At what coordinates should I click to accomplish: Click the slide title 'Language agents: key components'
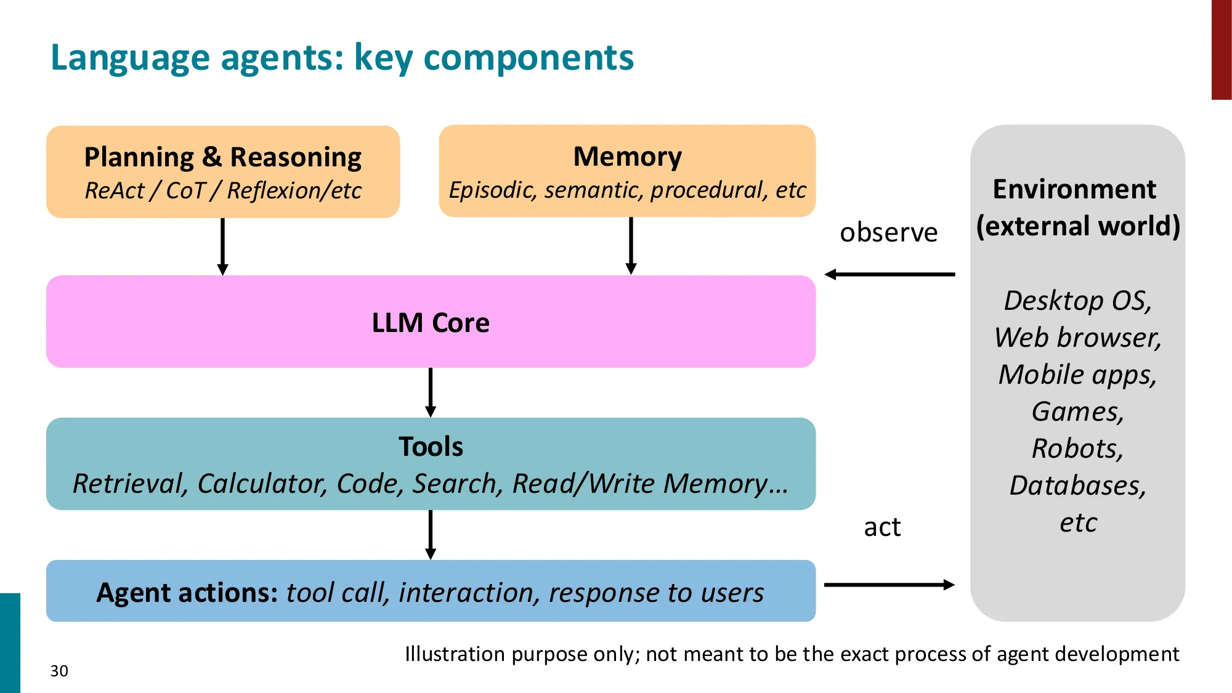342,58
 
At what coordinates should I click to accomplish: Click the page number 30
59,671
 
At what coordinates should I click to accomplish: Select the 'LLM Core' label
431,323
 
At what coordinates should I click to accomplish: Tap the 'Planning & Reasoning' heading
222,157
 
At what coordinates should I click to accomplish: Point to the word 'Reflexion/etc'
294,191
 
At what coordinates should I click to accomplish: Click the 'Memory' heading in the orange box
627,156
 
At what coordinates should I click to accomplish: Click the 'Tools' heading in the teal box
431,447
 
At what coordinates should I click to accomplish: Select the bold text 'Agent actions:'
187,593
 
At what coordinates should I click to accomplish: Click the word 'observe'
888,233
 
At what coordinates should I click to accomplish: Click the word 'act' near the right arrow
882,527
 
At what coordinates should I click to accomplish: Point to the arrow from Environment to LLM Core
890,274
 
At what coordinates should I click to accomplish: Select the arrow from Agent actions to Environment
890,585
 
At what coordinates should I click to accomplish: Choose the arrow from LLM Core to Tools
431,392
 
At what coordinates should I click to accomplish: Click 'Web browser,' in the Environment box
1077,338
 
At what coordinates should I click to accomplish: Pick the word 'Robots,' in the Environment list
1077,448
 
